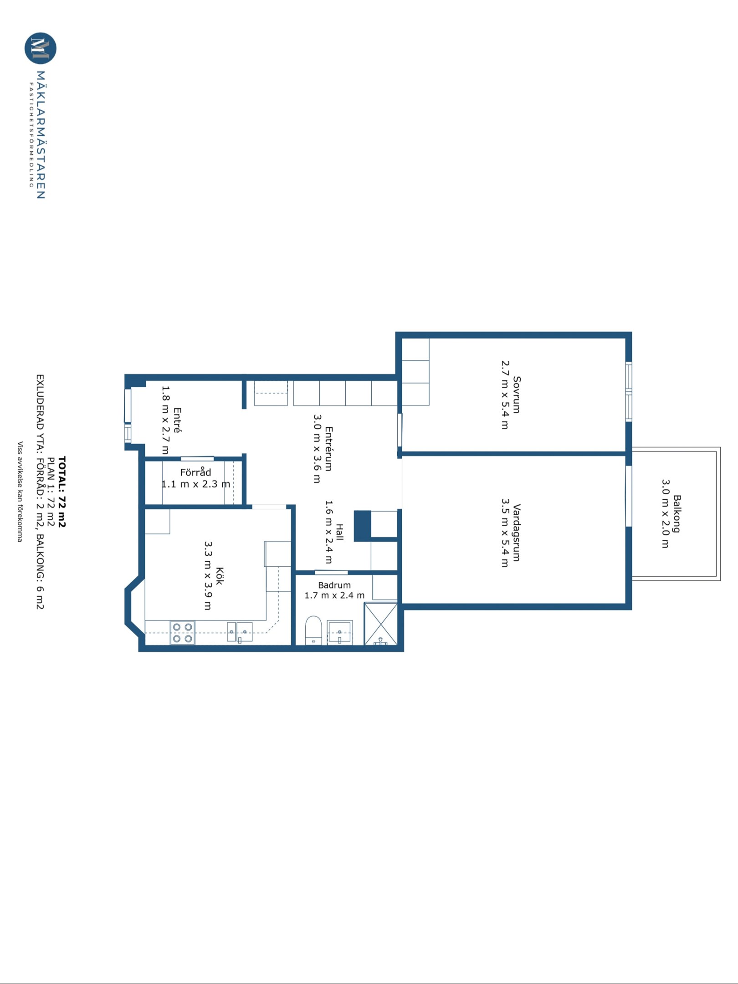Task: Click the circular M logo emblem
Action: point(41,48)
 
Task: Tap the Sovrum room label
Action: point(517,395)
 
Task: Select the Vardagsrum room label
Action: point(517,533)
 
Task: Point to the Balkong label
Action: point(677,514)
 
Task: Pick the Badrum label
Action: point(334,585)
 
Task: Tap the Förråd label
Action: point(195,472)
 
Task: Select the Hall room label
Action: point(340,532)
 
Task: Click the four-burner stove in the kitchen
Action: point(183,632)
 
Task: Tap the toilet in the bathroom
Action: point(313,630)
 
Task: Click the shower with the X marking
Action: point(380,624)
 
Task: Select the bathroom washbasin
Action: point(339,633)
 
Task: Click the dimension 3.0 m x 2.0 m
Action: point(666,513)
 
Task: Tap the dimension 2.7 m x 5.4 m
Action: point(505,395)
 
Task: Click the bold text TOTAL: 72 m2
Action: point(62,492)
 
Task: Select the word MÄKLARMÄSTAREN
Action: point(41,135)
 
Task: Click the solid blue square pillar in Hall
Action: point(363,526)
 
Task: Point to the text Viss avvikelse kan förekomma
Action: point(20,491)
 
